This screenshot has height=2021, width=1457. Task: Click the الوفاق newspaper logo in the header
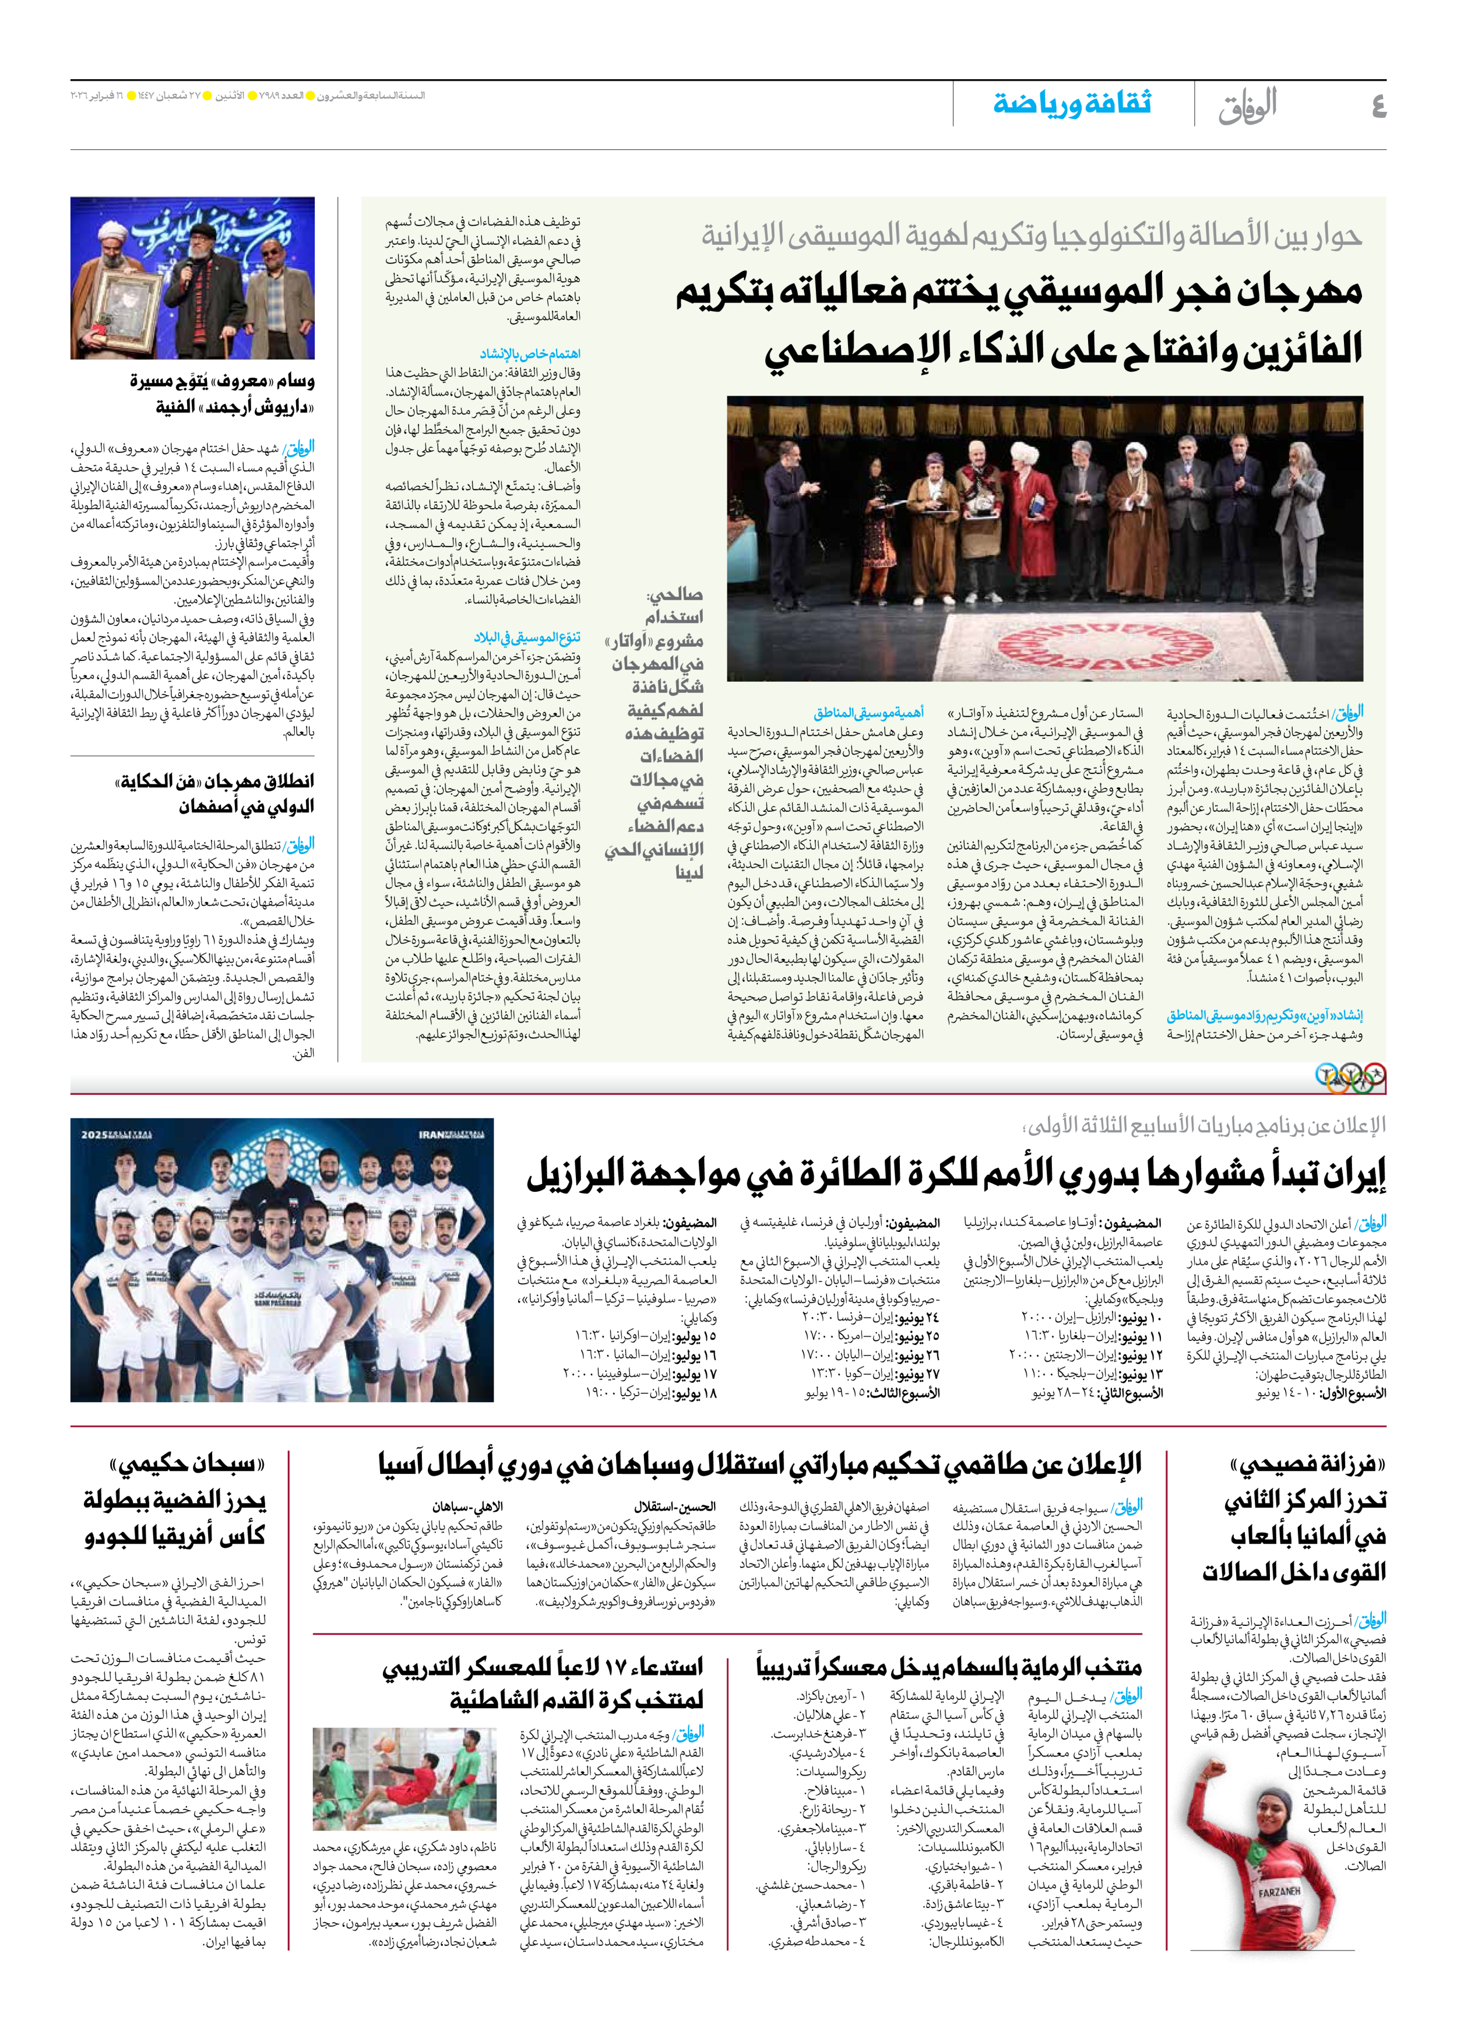point(1248,105)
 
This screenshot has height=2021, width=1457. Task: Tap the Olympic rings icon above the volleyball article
point(1351,1078)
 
